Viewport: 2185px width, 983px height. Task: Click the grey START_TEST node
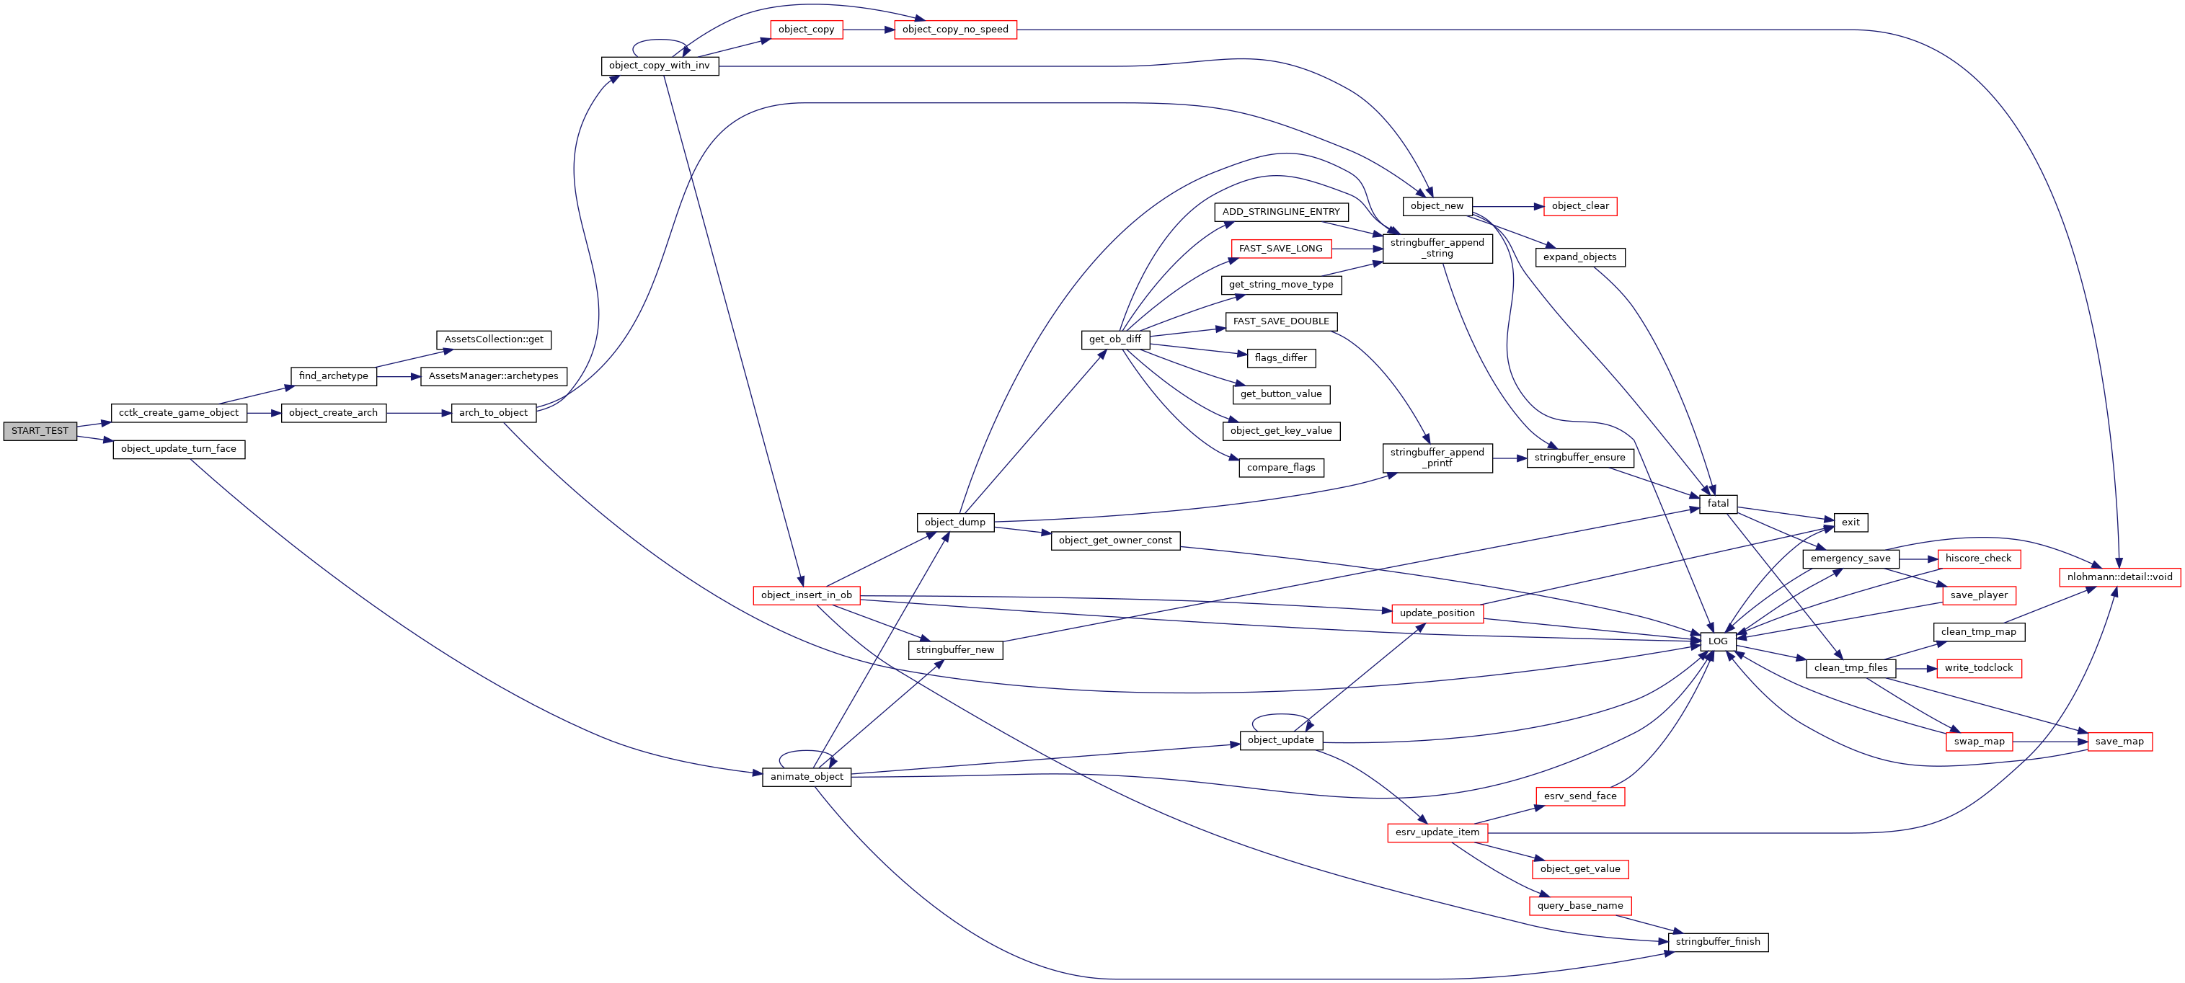[x=40, y=431]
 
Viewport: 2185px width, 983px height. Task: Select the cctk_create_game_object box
[x=178, y=413]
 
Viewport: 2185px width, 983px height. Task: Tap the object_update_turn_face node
[x=178, y=450]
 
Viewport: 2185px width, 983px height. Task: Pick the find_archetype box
[x=333, y=375]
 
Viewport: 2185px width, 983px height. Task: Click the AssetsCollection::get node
[x=494, y=339]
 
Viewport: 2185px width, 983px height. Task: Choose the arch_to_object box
[x=493, y=413]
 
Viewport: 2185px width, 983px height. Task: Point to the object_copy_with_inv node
[x=659, y=66]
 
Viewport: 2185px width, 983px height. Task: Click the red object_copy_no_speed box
[x=955, y=30]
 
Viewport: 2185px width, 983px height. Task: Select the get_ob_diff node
[x=1114, y=339]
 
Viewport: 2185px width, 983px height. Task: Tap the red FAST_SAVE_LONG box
[x=1280, y=249]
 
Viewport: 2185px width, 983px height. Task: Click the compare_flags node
[x=1281, y=467]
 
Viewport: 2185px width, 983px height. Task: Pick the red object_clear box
[x=1580, y=206]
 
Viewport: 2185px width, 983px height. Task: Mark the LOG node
[x=1718, y=641]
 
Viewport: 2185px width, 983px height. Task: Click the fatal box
[x=1718, y=504]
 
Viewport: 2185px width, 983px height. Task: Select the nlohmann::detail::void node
[x=2119, y=577]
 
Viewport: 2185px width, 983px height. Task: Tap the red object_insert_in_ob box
[x=806, y=595]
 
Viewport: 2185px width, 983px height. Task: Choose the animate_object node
[x=806, y=777]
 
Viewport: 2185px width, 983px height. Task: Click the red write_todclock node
[x=1978, y=668]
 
